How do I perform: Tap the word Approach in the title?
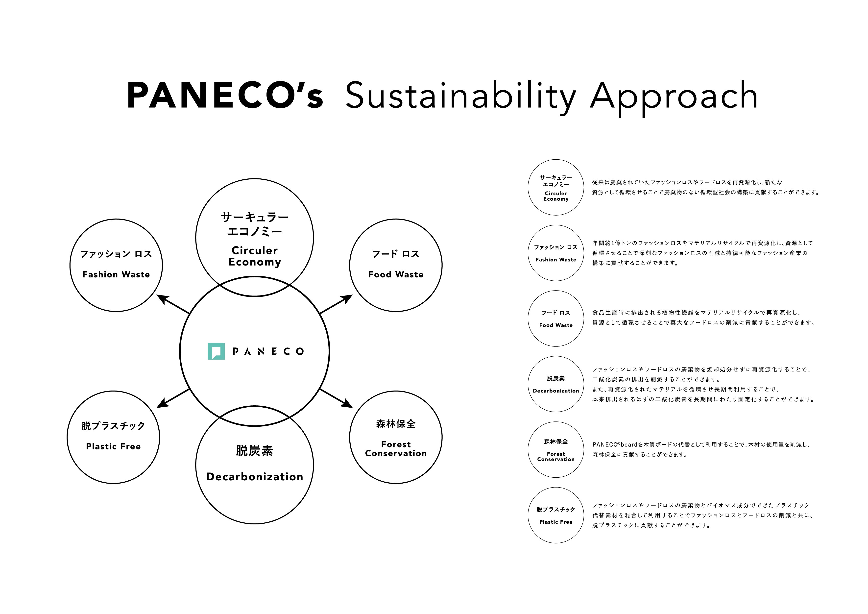click(x=674, y=98)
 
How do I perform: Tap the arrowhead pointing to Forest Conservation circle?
click(x=347, y=403)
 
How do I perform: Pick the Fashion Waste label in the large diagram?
click(x=116, y=274)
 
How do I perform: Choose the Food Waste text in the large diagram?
click(x=396, y=274)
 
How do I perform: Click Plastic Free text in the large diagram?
click(x=113, y=446)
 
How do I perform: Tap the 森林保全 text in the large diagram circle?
click(x=396, y=424)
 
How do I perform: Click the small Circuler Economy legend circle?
click(x=556, y=187)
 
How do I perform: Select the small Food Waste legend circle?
click(x=556, y=318)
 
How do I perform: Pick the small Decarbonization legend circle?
click(x=556, y=384)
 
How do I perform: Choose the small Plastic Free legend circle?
click(x=556, y=515)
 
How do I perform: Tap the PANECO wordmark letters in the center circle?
click(x=268, y=352)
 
